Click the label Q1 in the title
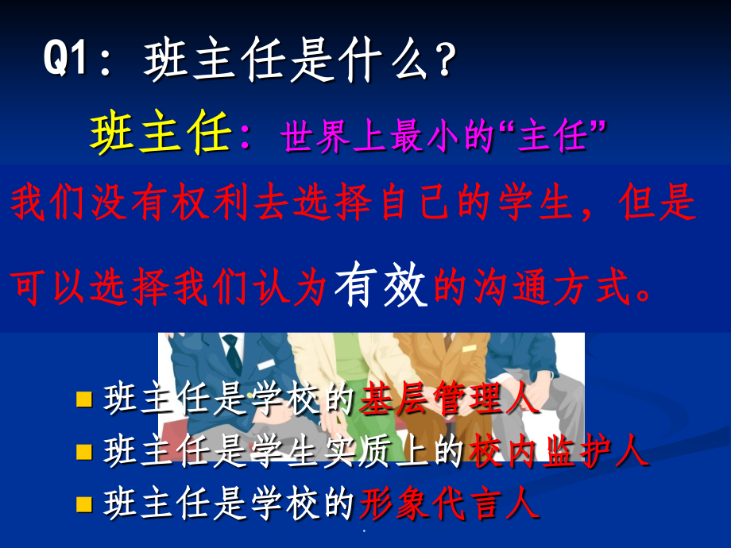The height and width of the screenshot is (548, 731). click(x=70, y=62)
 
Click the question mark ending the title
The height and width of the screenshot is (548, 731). click(x=447, y=62)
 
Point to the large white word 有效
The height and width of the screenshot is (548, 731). click(x=381, y=286)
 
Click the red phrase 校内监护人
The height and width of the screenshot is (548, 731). click(x=559, y=453)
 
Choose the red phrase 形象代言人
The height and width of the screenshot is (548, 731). click(x=450, y=504)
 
